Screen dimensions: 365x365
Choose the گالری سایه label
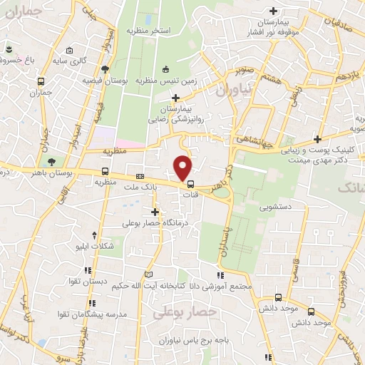click(x=91, y=61)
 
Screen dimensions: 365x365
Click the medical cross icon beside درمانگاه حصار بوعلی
click(x=155, y=212)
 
